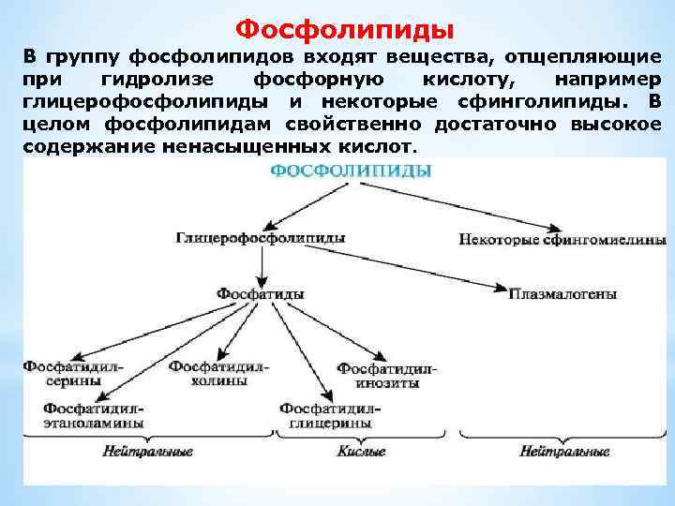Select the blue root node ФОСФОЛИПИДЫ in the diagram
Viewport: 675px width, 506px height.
pyautogui.click(x=352, y=171)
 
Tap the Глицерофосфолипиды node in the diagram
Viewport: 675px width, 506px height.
pyautogui.click(x=260, y=238)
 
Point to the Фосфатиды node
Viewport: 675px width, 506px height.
pyautogui.click(x=260, y=293)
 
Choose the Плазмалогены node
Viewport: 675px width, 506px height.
pyautogui.click(x=562, y=294)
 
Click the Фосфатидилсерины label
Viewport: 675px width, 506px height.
pyautogui.click(x=64, y=373)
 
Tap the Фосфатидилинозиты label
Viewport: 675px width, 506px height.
pyautogui.click(x=385, y=376)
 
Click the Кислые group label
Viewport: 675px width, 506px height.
pyautogui.click(x=361, y=452)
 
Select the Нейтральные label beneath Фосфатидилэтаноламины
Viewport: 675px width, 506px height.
pyautogui.click(x=147, y=452)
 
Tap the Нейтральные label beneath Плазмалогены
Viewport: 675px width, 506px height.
pyautogui.click(x=564, y=452)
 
